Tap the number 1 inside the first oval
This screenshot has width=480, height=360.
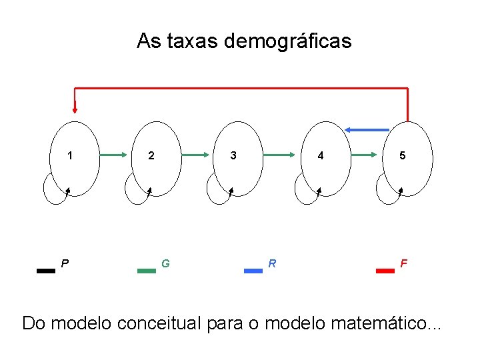click(x=70, y=156)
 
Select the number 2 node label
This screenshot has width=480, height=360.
click(x=151, y=156)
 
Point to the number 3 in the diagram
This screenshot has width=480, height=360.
click(x=233, y=156)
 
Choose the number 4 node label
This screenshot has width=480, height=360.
click(x=321, y=156)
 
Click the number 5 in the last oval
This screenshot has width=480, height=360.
click(x=402, y=156)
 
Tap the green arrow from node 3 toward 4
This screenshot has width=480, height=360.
click(x=279, y=155)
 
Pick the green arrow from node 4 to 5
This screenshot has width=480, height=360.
click(x=365, y=155)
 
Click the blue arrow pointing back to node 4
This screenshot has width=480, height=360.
click(x=367, y=129)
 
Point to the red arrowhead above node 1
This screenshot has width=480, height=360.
click(x=75, y=108)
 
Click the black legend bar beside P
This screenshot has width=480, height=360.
click(x=46, y=271)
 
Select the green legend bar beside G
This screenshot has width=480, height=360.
click(x=146, y=271)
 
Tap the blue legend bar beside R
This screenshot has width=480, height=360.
click(x=253, y=271)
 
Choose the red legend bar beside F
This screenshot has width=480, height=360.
click(x=385, y=271)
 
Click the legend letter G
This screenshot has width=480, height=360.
click(x=165, y=263)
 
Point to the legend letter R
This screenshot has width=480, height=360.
click(x=272, y=263)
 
